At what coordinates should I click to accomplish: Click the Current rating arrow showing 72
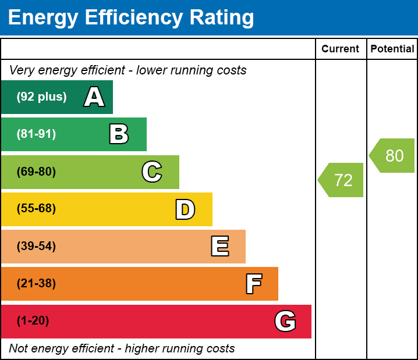point(341,180)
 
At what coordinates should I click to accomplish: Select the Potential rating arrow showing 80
point(392,156)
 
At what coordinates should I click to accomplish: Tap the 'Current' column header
point(341,49)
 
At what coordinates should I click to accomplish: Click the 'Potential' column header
point(392,49)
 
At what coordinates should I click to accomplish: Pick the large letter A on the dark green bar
point(94,97)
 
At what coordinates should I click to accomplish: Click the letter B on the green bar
point(119,134)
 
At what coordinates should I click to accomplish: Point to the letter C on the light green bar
point(152,172)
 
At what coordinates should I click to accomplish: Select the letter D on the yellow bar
point(185,209)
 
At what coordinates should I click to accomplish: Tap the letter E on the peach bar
point(219,247)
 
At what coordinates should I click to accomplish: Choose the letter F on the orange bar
point(253,284)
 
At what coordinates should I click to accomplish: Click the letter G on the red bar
point(285,321)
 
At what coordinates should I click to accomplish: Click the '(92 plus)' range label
point(41,97)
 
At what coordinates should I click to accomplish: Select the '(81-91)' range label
point(36,134)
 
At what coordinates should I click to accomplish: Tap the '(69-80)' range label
point(36,172)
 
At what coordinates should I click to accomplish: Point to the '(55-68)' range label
point(36,209)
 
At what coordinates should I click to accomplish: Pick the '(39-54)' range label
point(36,246)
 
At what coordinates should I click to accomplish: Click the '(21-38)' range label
point(36,284)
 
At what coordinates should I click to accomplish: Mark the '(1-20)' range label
point(33,321)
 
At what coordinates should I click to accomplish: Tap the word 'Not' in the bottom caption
point(19,348)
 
